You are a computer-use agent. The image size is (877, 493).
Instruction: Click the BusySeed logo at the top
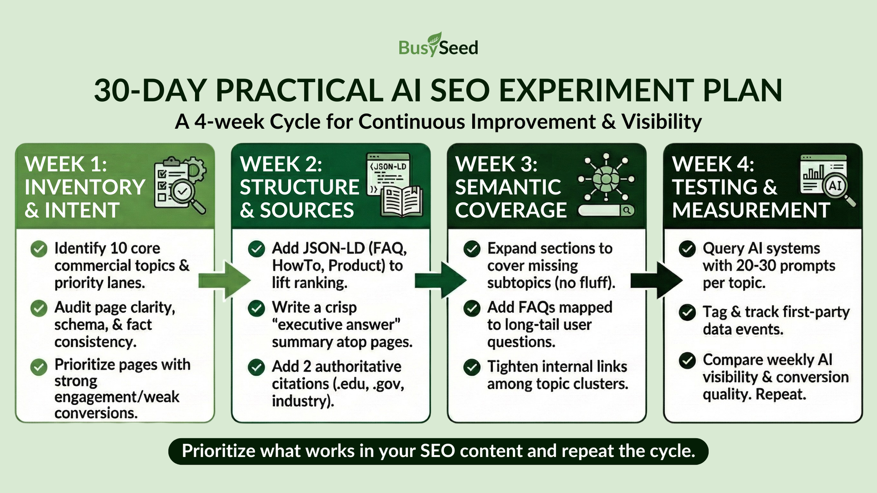pos(438,45)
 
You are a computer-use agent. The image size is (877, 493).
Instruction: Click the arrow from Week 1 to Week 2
pos(225,280)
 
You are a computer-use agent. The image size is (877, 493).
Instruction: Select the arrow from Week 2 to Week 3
pos(441,280)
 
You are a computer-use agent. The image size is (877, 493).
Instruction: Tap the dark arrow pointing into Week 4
pos(656,280)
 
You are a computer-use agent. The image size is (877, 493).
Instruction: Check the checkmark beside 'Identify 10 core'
pos(39,249)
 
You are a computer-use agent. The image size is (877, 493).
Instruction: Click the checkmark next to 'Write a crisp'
pos(256,308)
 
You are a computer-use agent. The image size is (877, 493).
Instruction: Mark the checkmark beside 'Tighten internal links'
pos(472,367)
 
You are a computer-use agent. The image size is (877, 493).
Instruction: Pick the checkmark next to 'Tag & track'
pos(687,313)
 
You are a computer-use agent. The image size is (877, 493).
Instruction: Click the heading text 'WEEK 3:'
pos(497,164)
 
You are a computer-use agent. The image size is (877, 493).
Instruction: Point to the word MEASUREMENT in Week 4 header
pos(751,210)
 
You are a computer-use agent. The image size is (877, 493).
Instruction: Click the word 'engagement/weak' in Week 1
pos(116,397)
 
